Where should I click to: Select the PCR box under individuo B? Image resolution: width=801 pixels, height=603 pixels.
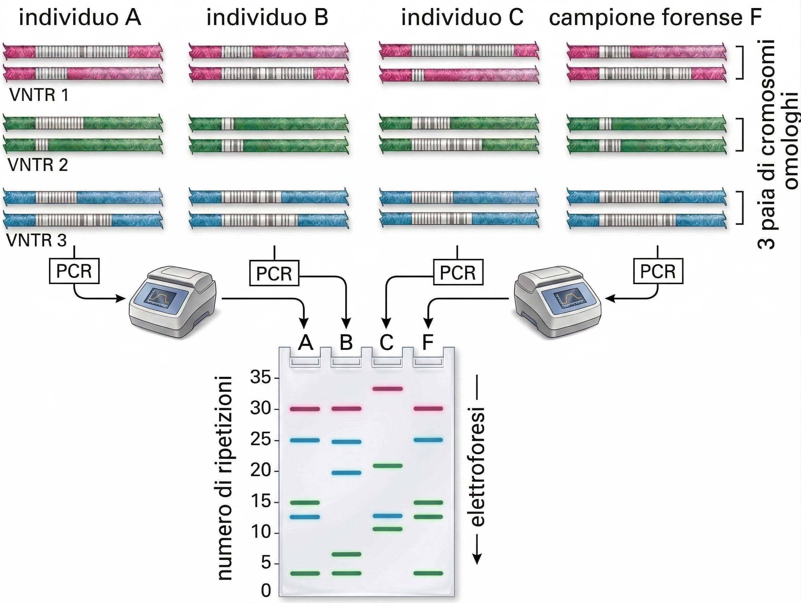tap(274, 273)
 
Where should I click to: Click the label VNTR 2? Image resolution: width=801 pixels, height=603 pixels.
tap(38, 165)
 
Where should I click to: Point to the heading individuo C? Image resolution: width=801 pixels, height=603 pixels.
tap(462, 17)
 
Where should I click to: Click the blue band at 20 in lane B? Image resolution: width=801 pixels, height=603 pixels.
tap(346, 473)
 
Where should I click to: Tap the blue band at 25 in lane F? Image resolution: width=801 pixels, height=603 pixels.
tap(428, 440)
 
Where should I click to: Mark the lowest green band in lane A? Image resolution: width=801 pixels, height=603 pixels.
tap(305, 573)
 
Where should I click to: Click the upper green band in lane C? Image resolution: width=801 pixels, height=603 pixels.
tap(388, 466)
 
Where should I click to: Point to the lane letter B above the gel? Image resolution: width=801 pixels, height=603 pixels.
tap(346, 342)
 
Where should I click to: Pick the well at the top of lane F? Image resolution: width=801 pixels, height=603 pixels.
tap(428, 362)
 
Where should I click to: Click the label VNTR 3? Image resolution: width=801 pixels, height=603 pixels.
tap(37, 241)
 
